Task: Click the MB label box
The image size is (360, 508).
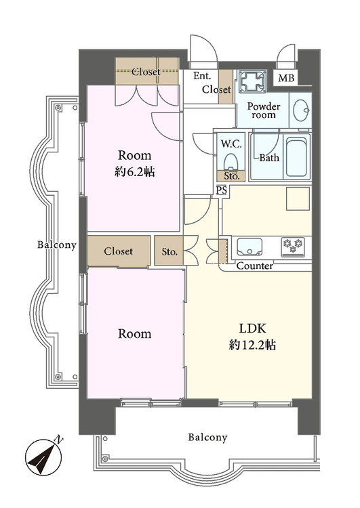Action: click(x=286, y=78)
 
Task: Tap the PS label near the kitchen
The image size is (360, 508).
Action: click(x=222, y=190)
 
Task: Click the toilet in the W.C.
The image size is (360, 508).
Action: click(x=231, y=161)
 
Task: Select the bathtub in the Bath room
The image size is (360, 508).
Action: click(x=296, y=157)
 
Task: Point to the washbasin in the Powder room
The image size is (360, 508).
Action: click(x=302, y=110)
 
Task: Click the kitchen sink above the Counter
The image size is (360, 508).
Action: click(x=249, y=247)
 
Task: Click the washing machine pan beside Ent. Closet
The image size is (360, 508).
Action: click(x=253, y=81)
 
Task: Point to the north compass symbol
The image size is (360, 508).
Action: click(x=44, y=457)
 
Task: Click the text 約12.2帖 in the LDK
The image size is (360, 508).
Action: click(x=252, y=345)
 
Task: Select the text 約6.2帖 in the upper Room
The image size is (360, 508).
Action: click(x=134, y=172)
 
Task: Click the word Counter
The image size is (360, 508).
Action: click(x=255, y=266)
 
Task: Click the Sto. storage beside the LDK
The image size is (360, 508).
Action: click(x=169, y=251)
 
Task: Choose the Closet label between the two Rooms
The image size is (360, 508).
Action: click(x=119, y=251)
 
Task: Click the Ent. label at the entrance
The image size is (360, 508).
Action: click(x=202, y=76)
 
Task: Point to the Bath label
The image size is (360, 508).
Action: click(x=269, y=158)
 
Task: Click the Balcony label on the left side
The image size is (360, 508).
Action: click(x=56, y=245)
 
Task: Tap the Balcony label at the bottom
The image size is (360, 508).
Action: click(x=207, y=438)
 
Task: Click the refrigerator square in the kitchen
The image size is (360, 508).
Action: click(x=298, y=198)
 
